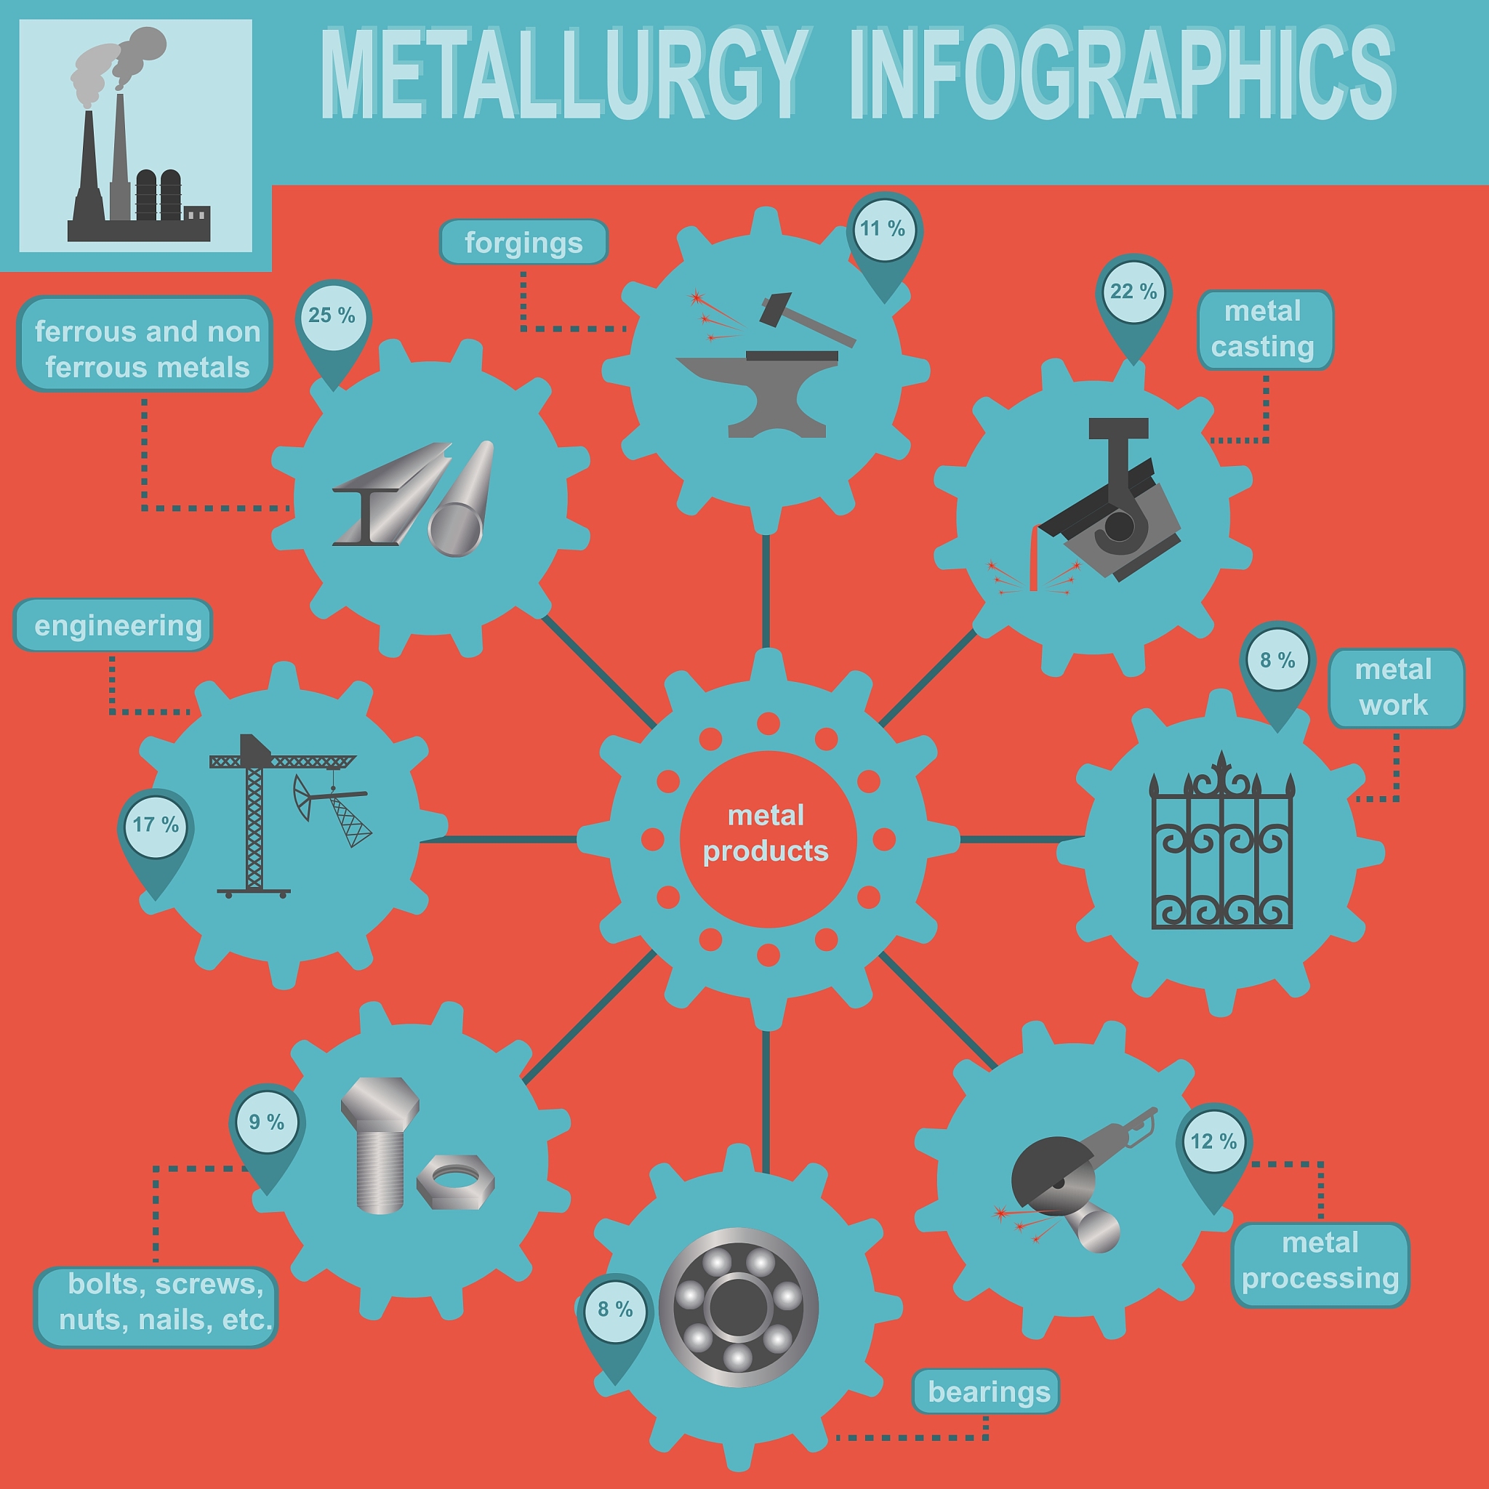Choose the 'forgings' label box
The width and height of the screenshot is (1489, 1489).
point(524,243)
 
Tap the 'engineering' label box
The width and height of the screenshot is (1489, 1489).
point(113,625)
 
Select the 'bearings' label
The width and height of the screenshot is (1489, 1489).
point(986,1392)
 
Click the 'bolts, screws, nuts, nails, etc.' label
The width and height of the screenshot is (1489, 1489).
point(156,1308)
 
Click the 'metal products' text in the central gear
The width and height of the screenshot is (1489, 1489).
point(766,833)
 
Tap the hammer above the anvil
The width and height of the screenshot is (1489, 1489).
point(806,318)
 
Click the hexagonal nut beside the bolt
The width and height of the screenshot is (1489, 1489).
point(455,1181)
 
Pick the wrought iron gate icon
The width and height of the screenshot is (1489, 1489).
point(1222,840)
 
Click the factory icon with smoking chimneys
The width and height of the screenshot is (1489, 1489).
point(137,137)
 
